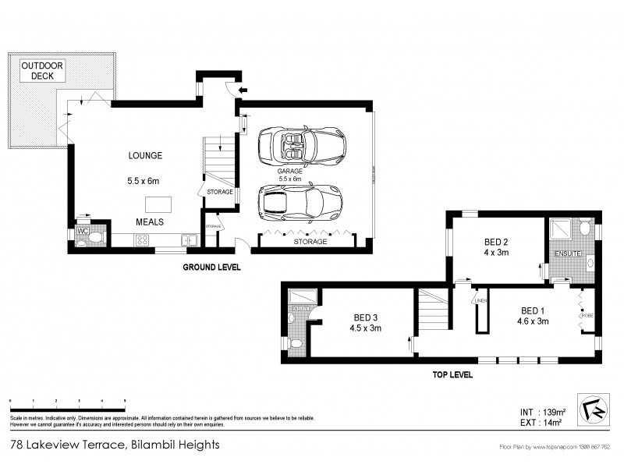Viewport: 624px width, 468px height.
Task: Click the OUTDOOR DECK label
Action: pos(37,70)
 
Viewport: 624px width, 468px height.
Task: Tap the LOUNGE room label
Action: pos(144,156)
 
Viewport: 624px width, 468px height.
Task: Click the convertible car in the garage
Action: pos(303,145)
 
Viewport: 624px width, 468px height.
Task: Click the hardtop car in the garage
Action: pos(301,202)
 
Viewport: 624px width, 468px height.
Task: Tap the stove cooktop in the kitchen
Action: pos(143,241)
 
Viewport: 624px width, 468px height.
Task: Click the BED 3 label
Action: pos(367,317)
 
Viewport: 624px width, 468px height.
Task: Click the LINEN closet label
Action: pos(480,301)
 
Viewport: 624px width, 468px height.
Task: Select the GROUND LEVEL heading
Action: pos(211,267)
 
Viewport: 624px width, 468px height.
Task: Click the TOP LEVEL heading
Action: pos(453,374)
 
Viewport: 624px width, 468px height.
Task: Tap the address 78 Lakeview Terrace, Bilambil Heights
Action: pos(115,445)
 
